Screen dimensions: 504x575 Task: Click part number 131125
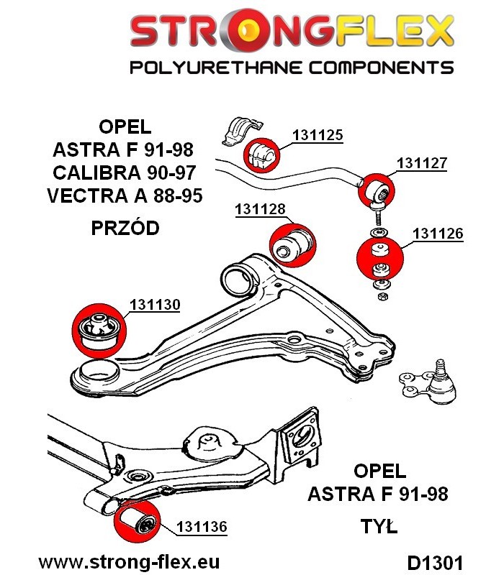[318, 135]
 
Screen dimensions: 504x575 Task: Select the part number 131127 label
[421, 163]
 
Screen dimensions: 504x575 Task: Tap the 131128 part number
[260, 209]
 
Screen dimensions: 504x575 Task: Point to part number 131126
[438, 233]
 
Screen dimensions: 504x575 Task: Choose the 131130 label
[155, 304]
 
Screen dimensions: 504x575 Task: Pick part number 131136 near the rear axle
[202, 527]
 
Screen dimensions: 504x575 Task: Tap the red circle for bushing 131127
[377, 190]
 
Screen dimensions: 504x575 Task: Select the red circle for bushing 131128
[293, 245]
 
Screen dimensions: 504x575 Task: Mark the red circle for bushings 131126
[380, 259]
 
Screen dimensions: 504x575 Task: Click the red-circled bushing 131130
[99, 331]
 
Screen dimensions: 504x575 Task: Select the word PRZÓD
[125, 228]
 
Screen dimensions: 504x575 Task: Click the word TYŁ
[379, 527]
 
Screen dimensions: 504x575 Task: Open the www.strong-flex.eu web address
[129, 562]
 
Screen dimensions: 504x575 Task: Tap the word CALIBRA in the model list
[94, 172]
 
